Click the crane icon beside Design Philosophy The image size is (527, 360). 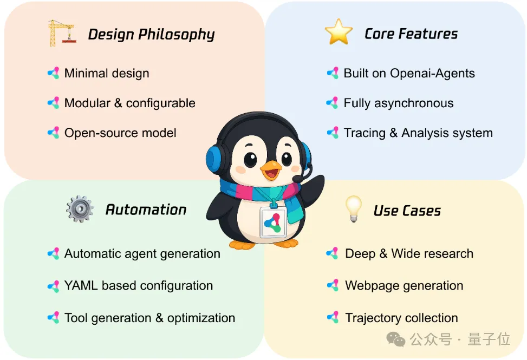[62, 33]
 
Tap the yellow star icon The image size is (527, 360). [339, 32]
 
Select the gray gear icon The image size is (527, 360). [80, 209]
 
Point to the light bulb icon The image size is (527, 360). [354, 208]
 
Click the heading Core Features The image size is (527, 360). [411, 34]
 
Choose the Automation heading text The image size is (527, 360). [146, 210]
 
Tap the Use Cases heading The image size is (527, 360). [407, 211]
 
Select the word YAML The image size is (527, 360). [81, 285]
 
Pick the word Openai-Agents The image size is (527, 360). [433, 73]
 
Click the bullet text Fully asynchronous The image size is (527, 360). [399, 103]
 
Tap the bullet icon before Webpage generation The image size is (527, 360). [333, 285]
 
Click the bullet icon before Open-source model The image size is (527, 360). [54, 133]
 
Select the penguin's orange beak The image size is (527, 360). [271, 170]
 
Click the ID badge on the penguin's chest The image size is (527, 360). [273, 221]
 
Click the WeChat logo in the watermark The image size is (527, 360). [396, 339]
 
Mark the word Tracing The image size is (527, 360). [365, 133]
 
